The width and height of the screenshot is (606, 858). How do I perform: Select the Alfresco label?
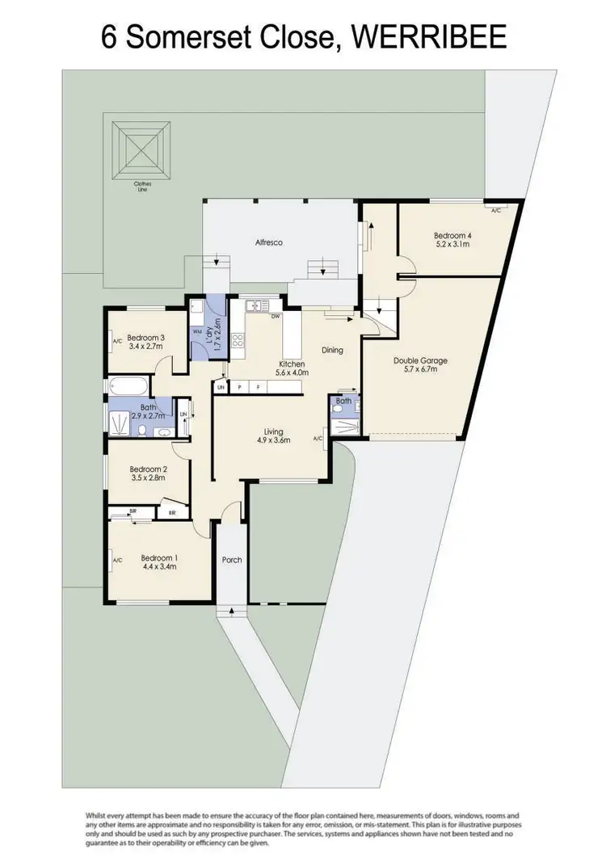268,242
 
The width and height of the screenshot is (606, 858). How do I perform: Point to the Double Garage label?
420,360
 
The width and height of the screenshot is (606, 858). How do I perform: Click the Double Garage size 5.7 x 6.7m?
420,370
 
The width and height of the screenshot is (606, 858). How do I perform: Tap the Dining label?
332,350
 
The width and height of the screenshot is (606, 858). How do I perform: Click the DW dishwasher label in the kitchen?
276,317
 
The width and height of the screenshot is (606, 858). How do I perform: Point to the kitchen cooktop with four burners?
238,340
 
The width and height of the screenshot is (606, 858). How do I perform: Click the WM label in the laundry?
196,331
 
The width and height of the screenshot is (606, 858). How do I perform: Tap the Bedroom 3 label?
146,337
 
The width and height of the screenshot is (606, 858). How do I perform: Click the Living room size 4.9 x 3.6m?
273,440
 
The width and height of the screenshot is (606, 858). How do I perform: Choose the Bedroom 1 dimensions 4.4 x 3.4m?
158,566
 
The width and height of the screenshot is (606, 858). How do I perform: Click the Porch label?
232,559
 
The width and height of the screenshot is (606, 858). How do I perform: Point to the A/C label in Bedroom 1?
117,560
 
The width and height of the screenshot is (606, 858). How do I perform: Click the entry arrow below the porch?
232,611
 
